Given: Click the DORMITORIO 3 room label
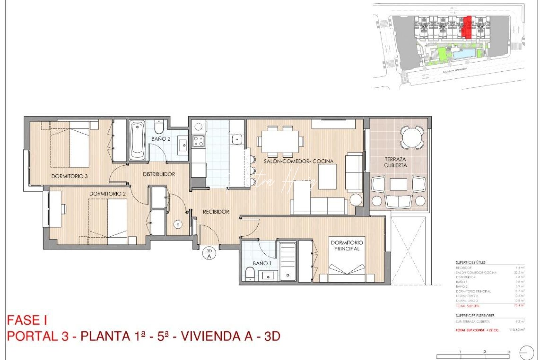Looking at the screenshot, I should click(x=69, y=176).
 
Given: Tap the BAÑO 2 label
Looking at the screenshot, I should click(x=161, y=139).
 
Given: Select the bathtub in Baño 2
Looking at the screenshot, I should click(x=137, y=141).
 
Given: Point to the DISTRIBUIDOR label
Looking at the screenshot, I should click(x=159, y=174).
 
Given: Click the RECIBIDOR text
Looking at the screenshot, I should click(x=216, y=211).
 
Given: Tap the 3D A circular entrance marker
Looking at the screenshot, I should click(x=209, y=254).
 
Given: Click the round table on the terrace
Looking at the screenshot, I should click(x=412, y=137).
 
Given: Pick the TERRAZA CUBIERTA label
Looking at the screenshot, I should click(x=395, y=162).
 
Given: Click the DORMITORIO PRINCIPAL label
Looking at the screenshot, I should click(x=347, y=245).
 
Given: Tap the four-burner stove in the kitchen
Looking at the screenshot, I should click(x=199, y=140).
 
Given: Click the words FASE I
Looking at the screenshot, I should click(x=27, y=320).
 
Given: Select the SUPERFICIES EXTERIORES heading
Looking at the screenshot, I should click(x=475, y=315).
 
